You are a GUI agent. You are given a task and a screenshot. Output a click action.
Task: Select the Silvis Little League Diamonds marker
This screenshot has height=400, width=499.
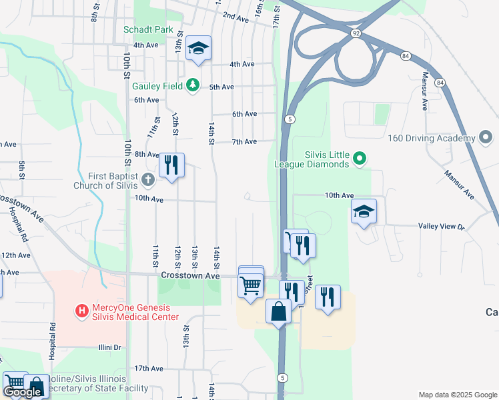click(360, 158)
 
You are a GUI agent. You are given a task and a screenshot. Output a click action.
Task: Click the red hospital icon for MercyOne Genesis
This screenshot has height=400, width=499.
click(82, 310)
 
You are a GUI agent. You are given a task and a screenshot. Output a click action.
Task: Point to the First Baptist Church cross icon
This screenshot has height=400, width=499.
click(147, 179)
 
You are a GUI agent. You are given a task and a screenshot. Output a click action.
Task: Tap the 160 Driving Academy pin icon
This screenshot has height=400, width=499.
click(486, 139)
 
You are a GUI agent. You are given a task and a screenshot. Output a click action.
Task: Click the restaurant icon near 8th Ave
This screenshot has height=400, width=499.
click(171, 164)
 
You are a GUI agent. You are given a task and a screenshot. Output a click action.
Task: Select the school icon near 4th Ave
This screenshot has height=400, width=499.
click(198, 47)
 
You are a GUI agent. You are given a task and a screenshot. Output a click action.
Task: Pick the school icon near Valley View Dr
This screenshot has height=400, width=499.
click(364, 211)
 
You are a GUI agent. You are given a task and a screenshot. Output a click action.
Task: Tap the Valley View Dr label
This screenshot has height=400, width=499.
click(441, 227)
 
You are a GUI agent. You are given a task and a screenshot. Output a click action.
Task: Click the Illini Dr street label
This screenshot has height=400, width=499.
click(109, 347)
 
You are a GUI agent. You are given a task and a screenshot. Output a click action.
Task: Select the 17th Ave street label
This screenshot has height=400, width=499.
click(148, 368)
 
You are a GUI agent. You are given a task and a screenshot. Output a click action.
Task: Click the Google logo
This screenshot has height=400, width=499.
click(21, 392)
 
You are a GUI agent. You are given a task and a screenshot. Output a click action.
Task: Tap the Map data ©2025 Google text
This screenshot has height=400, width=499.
click(458, 395)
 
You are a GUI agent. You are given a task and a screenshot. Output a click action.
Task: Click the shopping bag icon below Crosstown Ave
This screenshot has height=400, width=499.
click(279, 311)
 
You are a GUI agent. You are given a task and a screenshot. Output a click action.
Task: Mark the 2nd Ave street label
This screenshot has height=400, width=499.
click(235, 15)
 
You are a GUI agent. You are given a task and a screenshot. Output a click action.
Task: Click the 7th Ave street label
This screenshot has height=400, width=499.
click(244, 142)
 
